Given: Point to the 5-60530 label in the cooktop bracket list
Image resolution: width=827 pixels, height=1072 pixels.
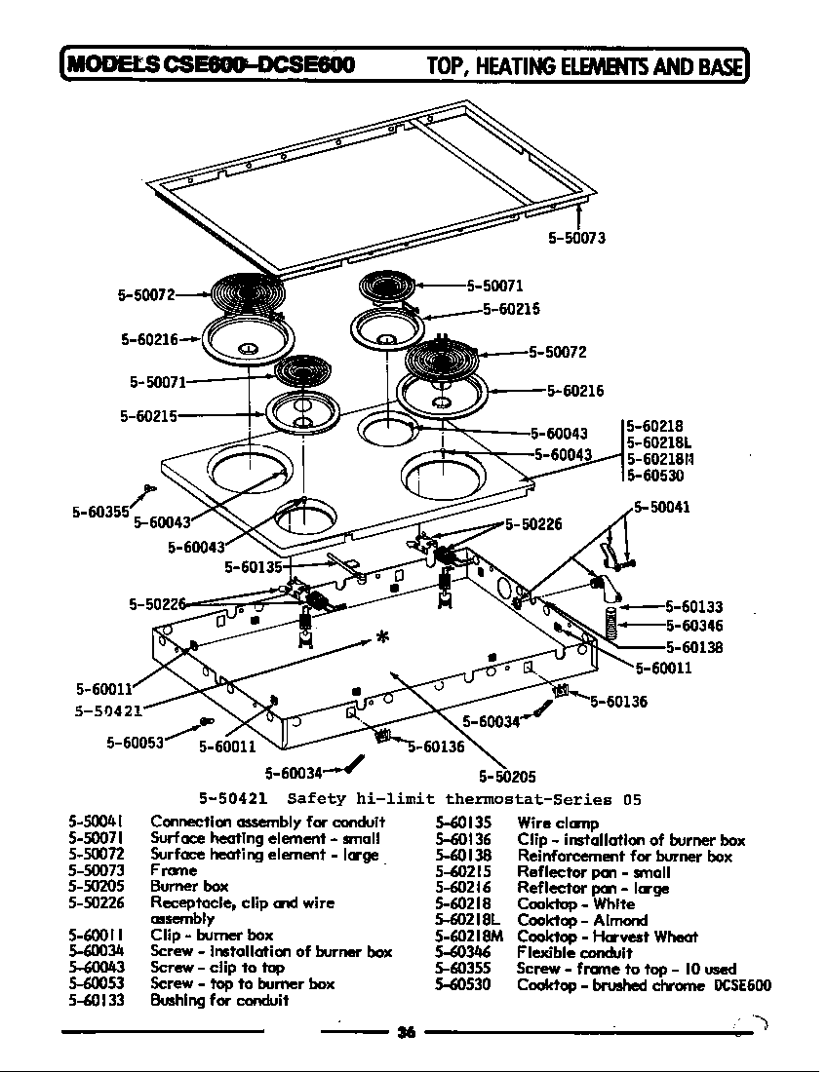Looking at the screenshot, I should (x=654, y=476).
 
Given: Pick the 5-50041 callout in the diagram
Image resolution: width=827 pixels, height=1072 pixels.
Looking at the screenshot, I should (x=662, y=507).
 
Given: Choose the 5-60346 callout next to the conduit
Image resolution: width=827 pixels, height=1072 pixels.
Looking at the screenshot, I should (x=694, y=626).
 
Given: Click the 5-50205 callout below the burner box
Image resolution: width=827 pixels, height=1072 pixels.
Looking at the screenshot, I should (x=507, y=777).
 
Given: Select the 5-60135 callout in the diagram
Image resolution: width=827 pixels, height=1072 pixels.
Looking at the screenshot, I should (x=254, y=566).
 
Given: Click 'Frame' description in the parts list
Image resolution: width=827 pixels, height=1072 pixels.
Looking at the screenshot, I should (x=174, y=870).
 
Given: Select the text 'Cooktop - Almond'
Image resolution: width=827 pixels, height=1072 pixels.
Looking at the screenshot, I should (x=581, y=920).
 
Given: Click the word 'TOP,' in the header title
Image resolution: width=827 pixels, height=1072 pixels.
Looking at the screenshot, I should (x=450, y=66).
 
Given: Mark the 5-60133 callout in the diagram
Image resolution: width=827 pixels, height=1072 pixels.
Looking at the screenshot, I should (x=694, y=607).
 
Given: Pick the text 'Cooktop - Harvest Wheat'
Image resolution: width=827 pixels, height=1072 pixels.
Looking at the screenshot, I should (x=607, y=937).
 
